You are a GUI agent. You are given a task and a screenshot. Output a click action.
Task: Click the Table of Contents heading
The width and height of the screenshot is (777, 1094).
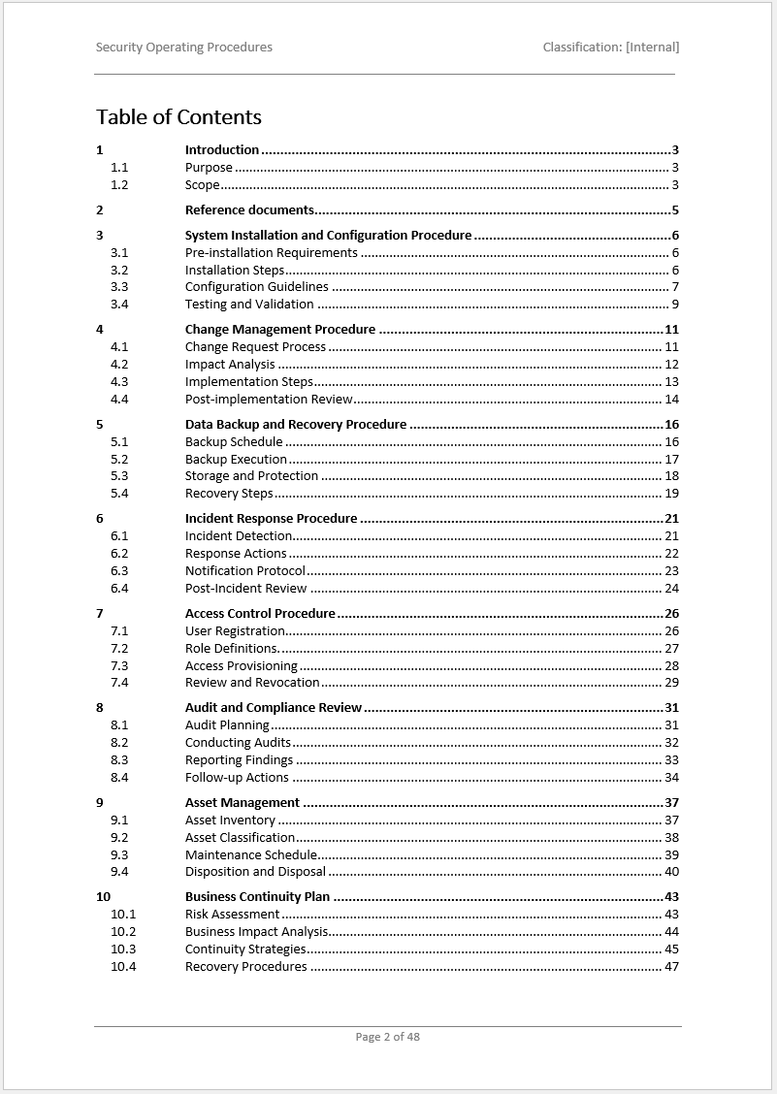pyautogui.click(x=178, y=117)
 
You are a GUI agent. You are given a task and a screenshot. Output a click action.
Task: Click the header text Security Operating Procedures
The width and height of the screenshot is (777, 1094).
pyautogui.click(x=184, y=47)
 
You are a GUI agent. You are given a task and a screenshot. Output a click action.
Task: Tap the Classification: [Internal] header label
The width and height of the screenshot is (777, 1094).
pyautogui.click(x=610, y=47)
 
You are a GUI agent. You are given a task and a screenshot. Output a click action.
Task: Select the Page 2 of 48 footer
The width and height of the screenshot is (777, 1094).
pyautogui.click(x=387, y=1037)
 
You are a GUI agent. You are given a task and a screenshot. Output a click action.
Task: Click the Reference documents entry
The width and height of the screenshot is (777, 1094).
pyautogui.click(x=249, y=210)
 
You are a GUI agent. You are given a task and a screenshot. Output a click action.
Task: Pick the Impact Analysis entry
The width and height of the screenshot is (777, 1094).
pyautogui.click(x=230, y=365)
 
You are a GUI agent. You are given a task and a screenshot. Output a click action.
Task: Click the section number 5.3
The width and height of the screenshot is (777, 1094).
pyautogui.click(x=119, y=476)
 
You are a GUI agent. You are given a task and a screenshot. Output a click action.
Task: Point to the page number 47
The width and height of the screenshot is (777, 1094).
pyautogui.click(x=671, y=967)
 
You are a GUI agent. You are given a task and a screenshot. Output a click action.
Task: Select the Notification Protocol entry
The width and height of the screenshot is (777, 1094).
pyautogui.click(x=245, y=571)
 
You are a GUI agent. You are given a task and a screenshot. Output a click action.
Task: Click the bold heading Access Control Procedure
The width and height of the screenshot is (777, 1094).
pyautogui.click(x=260, y=614)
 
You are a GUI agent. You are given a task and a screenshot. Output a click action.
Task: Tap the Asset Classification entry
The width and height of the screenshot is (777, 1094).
pyautogui.click(x=240, y=838)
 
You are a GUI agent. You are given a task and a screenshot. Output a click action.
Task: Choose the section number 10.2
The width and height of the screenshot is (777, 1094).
pyautogui.click(x=123, y=932)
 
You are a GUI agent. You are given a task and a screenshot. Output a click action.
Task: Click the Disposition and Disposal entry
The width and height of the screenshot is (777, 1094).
pyautogui.click(x=255, y=872)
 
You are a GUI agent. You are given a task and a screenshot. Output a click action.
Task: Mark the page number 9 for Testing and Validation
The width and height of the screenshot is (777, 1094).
pyautogui.click(x=674, y=305)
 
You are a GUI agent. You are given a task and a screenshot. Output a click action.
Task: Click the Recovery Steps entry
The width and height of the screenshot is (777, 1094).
pyautogui.click(x=229, y=494)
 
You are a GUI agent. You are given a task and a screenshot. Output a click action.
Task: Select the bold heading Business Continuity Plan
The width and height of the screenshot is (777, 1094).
pyautogui.click(x=257, y=897)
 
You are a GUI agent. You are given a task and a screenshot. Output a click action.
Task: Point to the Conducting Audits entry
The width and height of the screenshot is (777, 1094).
pyautogui.click(x=238, y=743)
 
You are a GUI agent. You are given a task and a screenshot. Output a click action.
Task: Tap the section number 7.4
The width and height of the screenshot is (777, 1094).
pyautogui.click(x=119, y=683)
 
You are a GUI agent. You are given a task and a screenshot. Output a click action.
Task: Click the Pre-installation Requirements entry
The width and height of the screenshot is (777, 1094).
pyautogui.click(x=271, y=253)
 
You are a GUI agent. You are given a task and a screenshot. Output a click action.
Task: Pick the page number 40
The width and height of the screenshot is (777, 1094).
pyautogui.click(x=671, y=872)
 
